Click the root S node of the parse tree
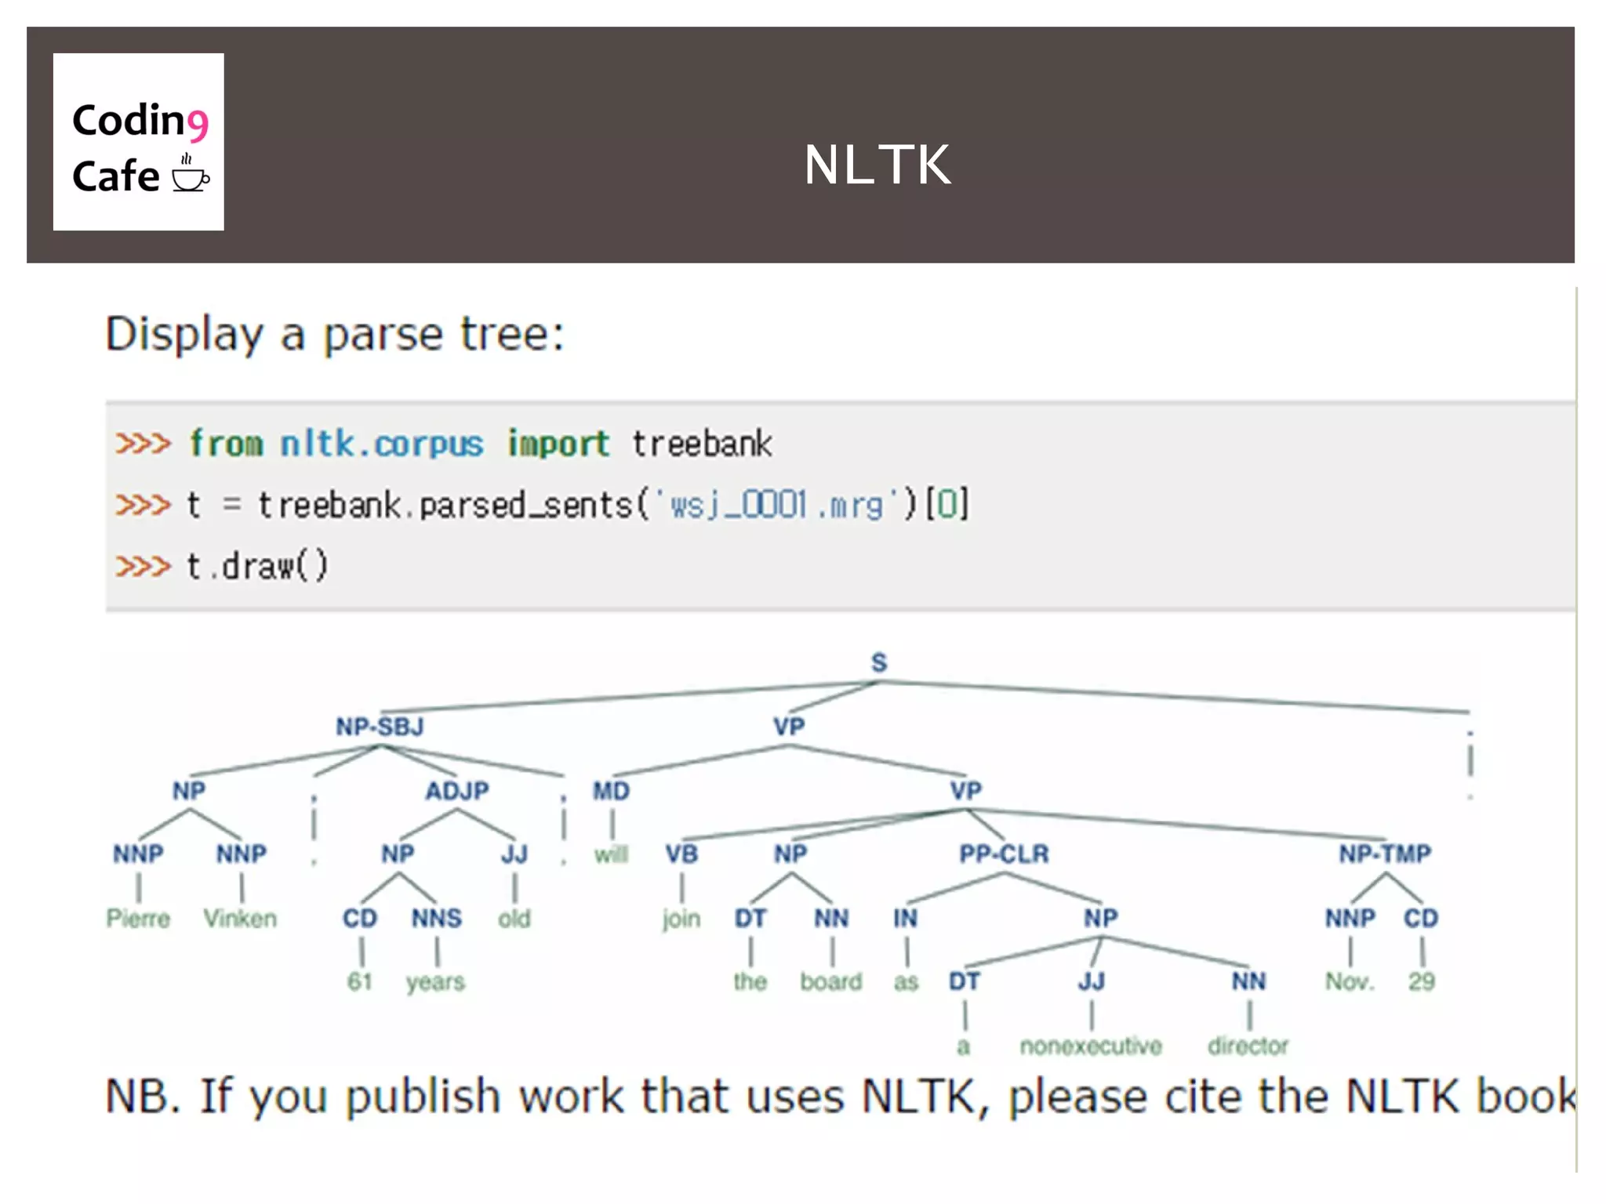(878, 663)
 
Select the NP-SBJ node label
(380, 727)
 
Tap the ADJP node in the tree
(456, 790)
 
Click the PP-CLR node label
(1004, 854)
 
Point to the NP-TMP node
(1385, 854)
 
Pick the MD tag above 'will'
(611, 791)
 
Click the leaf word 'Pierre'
(138, 918)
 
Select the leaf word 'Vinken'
(240, 918)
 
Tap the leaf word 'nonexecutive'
(1090, 1046)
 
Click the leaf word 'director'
(1248, 1046)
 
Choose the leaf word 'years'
(435, 982)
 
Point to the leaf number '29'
(1421, 981)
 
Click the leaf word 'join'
(681, 918)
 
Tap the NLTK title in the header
(877, 165)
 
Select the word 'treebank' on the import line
(702, 444)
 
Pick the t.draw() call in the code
(257, 566)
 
